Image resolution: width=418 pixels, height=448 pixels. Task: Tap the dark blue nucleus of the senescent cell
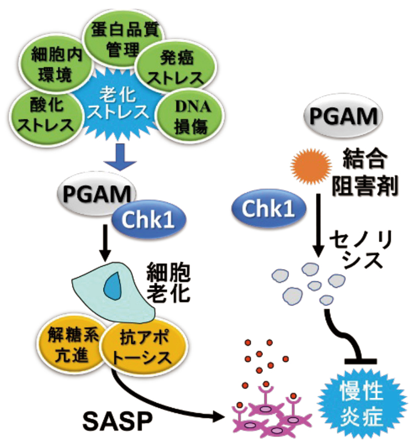pos(110,287)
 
